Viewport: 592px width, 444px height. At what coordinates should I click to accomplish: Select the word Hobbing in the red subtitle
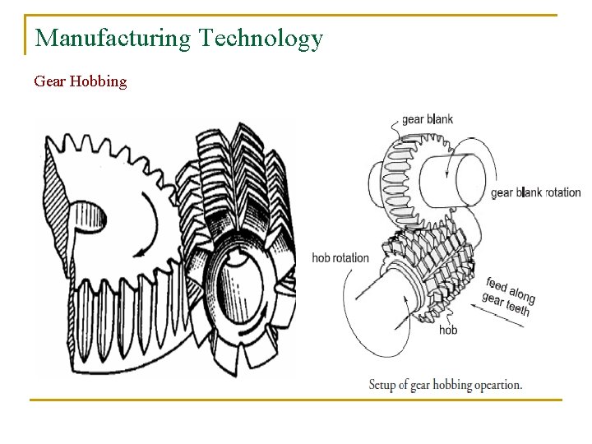coord(99,81)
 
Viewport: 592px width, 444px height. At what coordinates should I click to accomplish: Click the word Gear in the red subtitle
coord(49,81)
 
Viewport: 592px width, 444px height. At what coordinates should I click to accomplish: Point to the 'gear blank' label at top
coord(427,119)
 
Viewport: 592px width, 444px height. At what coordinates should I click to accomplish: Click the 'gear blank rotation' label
coord(535,193)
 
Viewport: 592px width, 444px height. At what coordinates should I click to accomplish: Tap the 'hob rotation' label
coord(340,257)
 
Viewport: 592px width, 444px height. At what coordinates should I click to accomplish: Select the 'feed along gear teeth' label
coord(508,296)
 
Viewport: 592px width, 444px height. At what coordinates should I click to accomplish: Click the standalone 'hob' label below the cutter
coord(447,330)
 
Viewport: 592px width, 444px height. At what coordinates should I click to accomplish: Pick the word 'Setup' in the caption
coord(385,384)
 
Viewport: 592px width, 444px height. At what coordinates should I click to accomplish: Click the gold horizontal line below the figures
coord(295,400)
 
